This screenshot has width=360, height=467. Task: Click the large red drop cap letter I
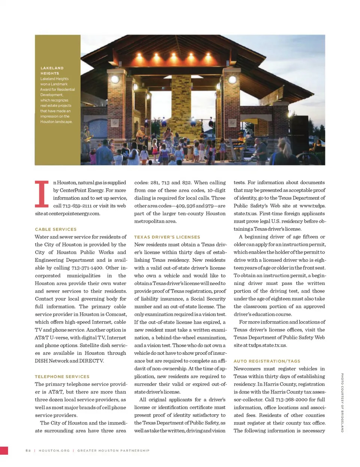(x=42, y=194)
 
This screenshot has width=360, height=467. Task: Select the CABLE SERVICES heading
(x=56, y=229)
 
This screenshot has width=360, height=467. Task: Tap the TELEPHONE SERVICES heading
(x=62, y=377)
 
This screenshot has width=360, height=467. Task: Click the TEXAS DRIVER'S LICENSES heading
(x=167, y=237)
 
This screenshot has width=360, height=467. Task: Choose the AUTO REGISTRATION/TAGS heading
(x=267, y=361)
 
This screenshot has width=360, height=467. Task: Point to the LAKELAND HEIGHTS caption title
(x=52, y=71)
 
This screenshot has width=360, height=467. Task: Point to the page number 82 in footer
(x=28, y=450)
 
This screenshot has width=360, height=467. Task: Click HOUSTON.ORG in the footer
(x=54, y=450)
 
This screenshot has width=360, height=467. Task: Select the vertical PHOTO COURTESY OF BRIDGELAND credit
(x=342, y=403)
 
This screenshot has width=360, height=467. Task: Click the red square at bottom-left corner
(x=4, y=450)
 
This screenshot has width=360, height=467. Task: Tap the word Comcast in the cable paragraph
(x=116, y=314)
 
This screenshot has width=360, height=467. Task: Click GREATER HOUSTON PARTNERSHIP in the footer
(x=113, y=450)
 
